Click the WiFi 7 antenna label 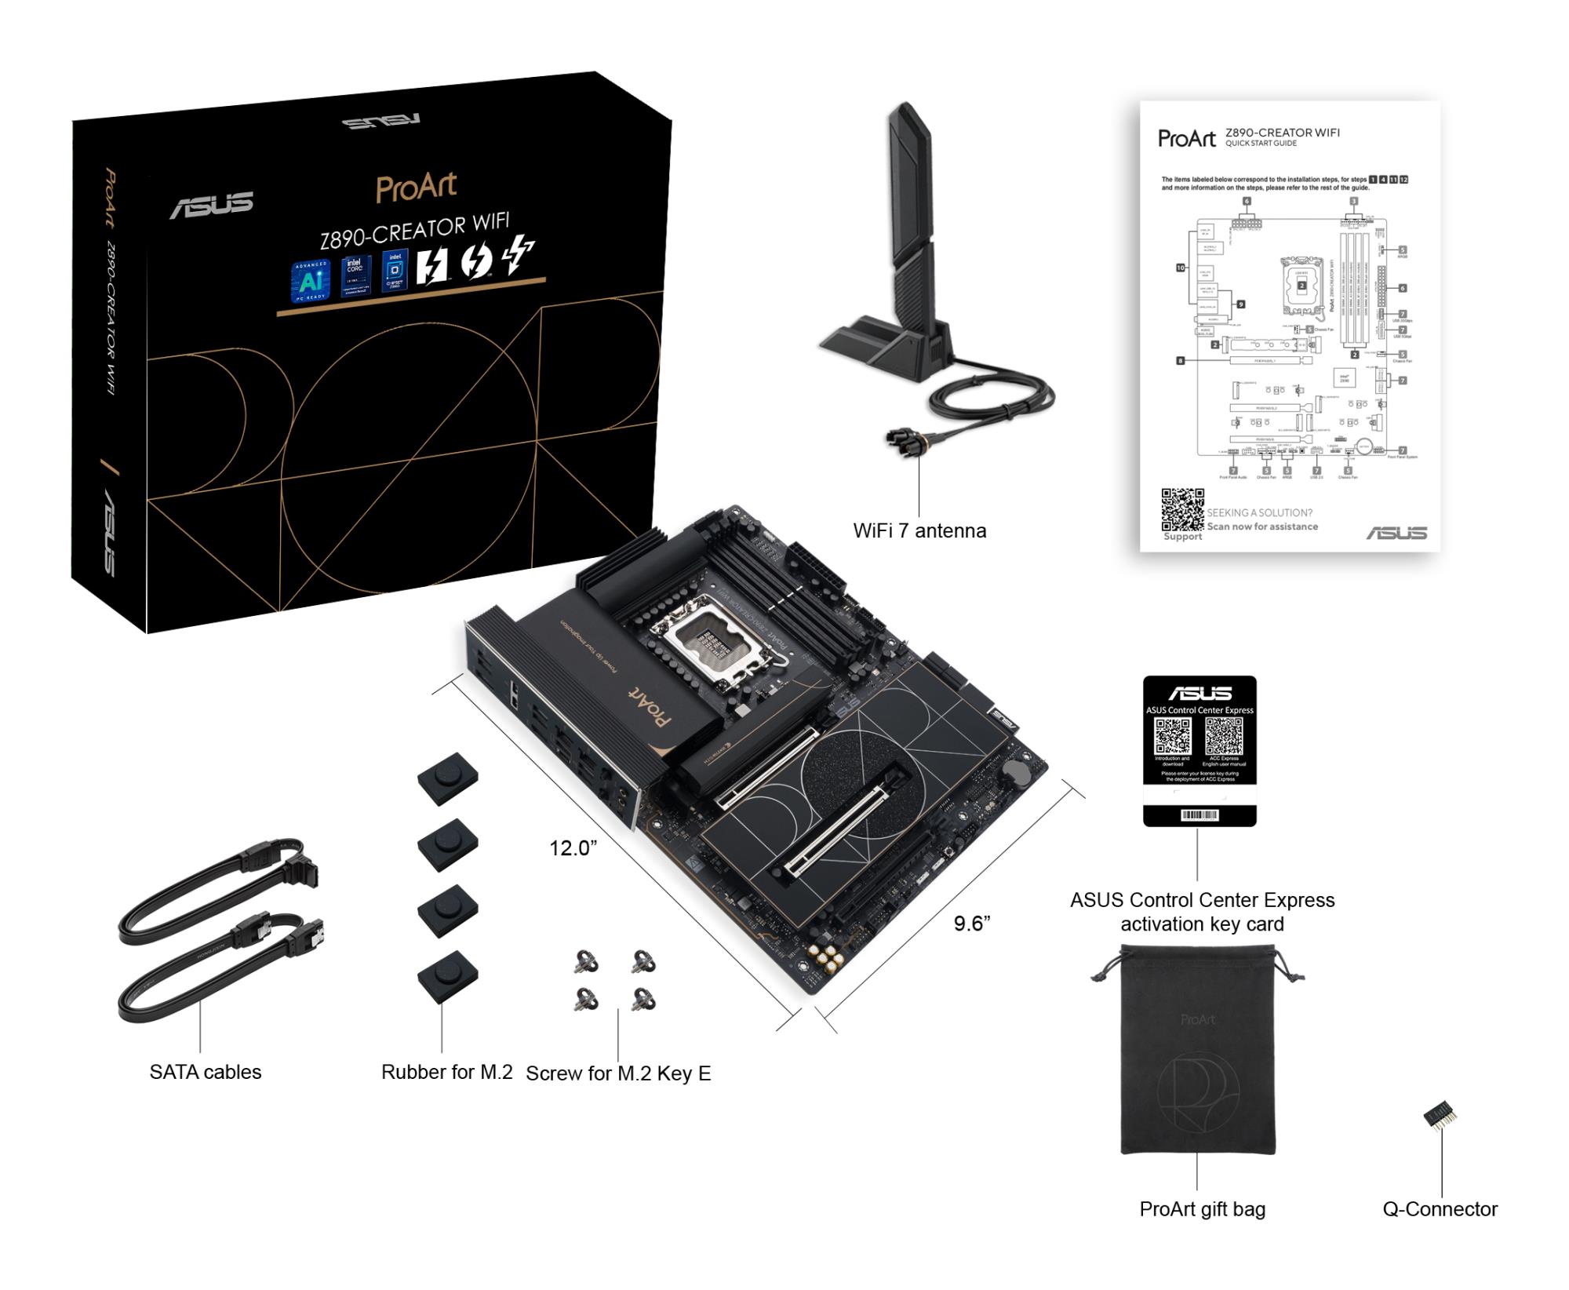[919, 531]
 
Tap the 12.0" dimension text [573, 848]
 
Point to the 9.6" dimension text [971, 924]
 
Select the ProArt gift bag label [1202, 1209]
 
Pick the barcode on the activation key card [1200, 815]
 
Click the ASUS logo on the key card [1200, 693]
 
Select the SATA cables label [205, 1072]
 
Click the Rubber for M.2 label [446, 1072]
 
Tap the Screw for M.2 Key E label [618, 1073]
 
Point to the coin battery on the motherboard [1019, 772]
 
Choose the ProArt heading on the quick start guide [1187, 139]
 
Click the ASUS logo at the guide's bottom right [1396, 533]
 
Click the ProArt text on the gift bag [1197, 1019]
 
